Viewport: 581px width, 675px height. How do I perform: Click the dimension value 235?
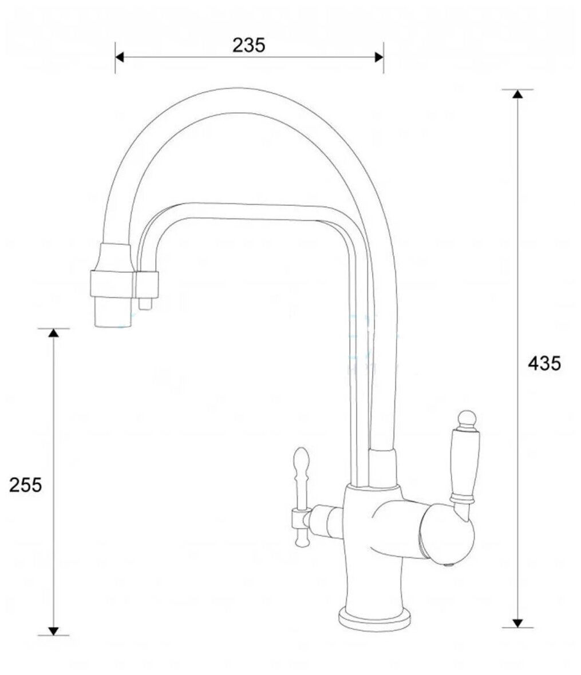(x=249, y=45)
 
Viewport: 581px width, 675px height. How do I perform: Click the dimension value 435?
(x=544, y=364)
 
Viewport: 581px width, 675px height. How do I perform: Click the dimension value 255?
(x=25, y=485)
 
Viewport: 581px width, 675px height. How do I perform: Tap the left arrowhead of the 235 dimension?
(x=119, y=57)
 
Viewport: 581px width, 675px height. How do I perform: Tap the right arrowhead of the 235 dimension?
(x=379, y=57)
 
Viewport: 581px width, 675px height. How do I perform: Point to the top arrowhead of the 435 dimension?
(x=517, y=94)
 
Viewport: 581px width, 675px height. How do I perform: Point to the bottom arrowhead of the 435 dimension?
(x=517, y=623)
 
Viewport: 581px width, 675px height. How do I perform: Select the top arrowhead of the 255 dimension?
(x=53, y=333)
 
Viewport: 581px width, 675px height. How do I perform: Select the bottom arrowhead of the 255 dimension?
(x=53, y=630)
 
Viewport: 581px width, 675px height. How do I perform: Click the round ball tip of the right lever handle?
(x=467, y=418)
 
